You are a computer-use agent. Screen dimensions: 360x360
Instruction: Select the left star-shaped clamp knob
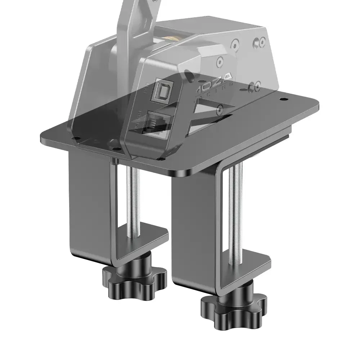point(135,276)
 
